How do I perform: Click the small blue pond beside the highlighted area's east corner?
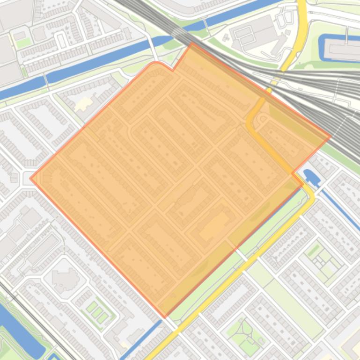point(310,176)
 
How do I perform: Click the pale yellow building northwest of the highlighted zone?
point(84,103)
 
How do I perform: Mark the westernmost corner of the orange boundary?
point(31,178)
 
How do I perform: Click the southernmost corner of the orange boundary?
point(164,317)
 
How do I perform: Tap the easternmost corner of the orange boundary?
point(331,137)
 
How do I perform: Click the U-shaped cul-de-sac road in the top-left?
point(61,40)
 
